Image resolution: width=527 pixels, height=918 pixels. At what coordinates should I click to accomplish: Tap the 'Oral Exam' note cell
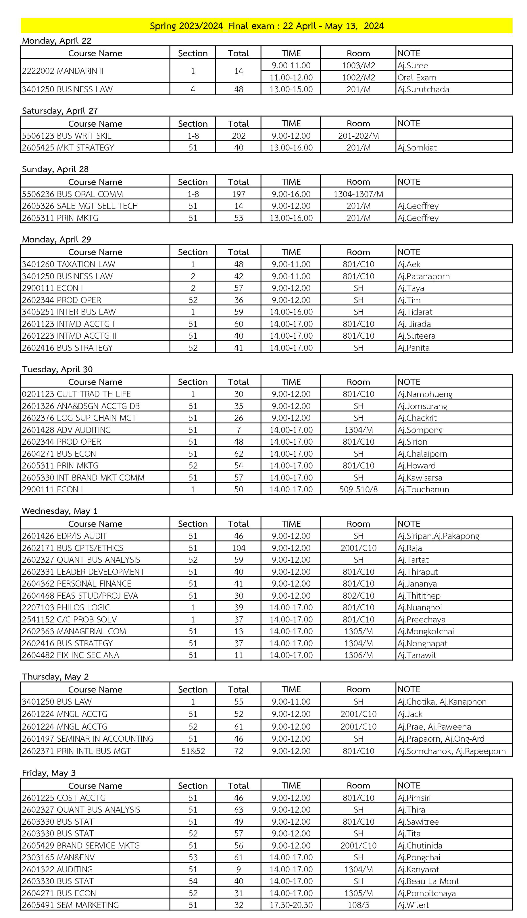pyautogui.click(x=417, y=77)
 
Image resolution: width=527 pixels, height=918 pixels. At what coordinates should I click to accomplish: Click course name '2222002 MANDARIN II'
pyautogui.click(x=63, y=71)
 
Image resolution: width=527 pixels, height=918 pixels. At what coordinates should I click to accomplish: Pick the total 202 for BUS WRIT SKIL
pyautogui.click(x=239, y=136)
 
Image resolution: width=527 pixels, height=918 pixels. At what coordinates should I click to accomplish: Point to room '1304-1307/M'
pyautogui.click(x=358, y=194)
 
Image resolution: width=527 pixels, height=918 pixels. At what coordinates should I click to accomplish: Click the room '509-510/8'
pyautogui.click(x=358, y=489)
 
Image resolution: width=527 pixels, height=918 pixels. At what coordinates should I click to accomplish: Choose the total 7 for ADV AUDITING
pyautogui.click(x=239, y=430)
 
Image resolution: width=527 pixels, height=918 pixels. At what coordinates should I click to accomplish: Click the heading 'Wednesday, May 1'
pyautogui.click(x=60, y=511)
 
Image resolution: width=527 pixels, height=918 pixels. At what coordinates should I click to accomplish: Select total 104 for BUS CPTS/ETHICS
pyautogui.click(x=239, y=548)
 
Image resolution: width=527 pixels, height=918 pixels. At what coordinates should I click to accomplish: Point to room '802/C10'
pyautogui.click(x=358, y=596)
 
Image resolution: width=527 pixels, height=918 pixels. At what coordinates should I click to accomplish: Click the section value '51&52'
pyautogui.click(x=193, y=751)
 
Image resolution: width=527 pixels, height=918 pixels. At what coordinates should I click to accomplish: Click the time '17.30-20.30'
pyautogui.click(x=291, y=905)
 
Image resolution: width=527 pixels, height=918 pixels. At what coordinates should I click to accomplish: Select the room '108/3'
pyautogui.click(x=358, y=905)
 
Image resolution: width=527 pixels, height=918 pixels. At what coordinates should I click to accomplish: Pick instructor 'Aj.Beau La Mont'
pyautogui.click(x=428, y=881)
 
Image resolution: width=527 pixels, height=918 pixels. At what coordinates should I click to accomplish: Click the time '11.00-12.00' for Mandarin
pyautogui.click(x=291, y=77)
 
